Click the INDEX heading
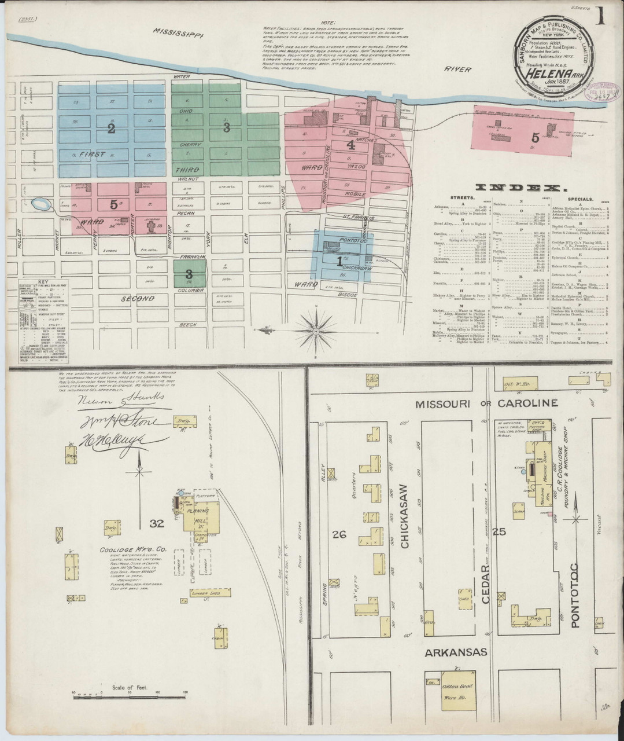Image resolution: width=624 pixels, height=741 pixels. [520, 188]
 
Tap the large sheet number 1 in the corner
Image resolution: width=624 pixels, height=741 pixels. [601, 16]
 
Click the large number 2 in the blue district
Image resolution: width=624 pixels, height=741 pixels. [110, 129]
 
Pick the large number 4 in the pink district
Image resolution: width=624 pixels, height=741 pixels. [350, 144]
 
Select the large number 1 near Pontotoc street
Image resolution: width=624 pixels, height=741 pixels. [339, 261]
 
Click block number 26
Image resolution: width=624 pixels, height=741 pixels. [339, 534]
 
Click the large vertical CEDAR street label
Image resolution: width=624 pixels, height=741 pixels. [486, 585]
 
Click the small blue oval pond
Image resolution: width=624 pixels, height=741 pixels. [41, 204]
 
